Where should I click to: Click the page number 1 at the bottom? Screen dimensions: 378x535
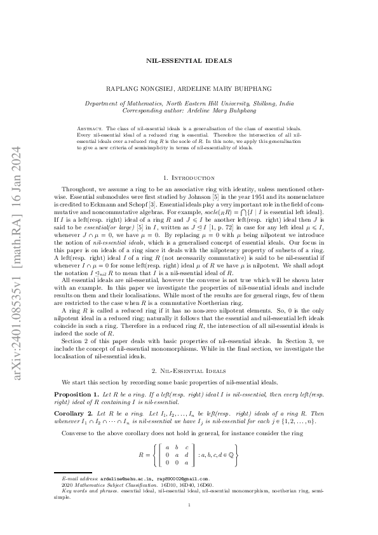pos(189,522)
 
